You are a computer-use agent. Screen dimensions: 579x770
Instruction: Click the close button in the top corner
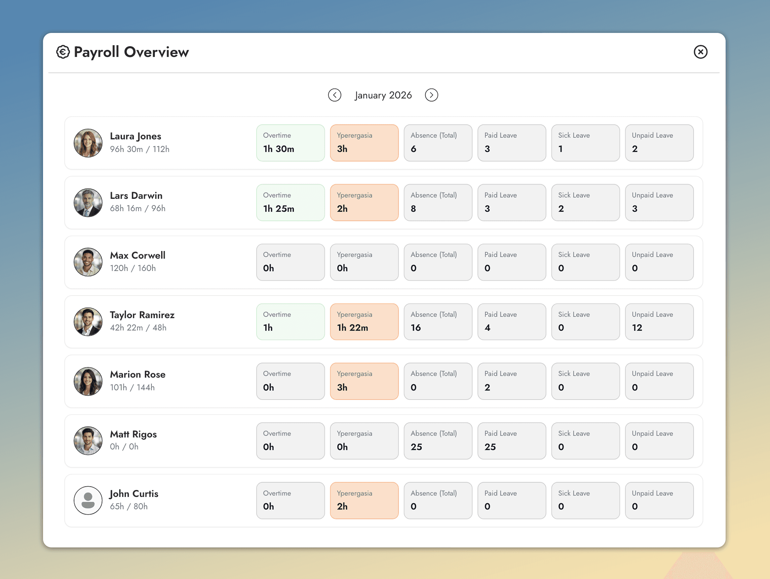700,52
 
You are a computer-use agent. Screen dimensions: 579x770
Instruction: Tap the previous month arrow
335,95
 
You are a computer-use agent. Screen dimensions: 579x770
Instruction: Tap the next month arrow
431,95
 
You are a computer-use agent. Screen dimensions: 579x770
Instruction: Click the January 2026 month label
383,95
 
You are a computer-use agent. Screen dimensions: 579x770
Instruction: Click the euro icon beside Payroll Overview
63,52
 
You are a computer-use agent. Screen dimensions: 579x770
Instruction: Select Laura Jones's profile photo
88,143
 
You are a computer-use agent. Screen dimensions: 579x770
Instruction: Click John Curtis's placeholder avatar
88,500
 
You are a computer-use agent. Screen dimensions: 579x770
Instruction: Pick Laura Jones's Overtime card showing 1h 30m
290,143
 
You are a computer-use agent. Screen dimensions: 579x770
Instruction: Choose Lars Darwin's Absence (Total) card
438,203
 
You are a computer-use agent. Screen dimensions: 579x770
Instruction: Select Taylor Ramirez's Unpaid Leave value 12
637,328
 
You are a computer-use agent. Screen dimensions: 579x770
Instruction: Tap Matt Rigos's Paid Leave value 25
490,447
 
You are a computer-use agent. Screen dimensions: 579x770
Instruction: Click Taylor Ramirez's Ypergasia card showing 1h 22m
364,322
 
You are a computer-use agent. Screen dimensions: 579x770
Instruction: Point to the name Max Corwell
138,255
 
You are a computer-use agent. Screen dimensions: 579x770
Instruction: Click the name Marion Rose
138,374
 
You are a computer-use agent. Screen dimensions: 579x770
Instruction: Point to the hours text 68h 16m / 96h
138,208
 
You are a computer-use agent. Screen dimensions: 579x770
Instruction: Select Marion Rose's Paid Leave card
512,381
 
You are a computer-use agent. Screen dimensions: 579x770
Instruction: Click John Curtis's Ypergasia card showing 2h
364,500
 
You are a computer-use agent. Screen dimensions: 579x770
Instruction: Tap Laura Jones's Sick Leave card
585,143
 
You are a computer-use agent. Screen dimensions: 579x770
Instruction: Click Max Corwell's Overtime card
290,262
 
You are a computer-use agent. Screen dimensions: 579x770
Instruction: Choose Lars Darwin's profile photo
88,203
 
